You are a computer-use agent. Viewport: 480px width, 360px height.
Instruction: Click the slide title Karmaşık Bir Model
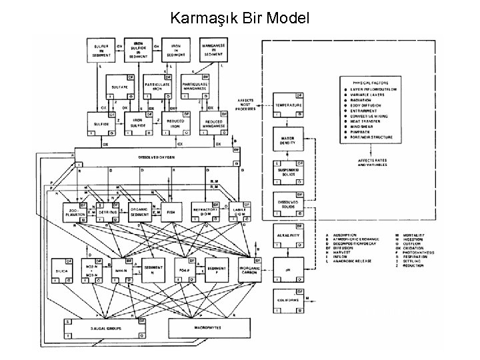[x=239, y=17]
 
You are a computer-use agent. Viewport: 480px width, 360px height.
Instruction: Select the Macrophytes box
[x=205, y=329]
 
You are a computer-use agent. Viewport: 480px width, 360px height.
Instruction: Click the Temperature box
[x=287, y=107]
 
